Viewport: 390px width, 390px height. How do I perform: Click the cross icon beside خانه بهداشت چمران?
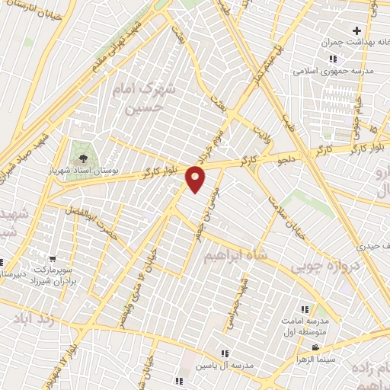pos(356,30)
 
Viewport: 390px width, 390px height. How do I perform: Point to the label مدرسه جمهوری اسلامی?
pos(332,72)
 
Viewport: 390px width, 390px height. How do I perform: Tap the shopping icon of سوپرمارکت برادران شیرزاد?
pos(52,260)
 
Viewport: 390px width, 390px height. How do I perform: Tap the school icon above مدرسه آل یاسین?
pos(225,353)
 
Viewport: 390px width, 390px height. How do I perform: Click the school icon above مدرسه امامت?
pos(305,309)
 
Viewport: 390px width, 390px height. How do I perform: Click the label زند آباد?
pos(26,319)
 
